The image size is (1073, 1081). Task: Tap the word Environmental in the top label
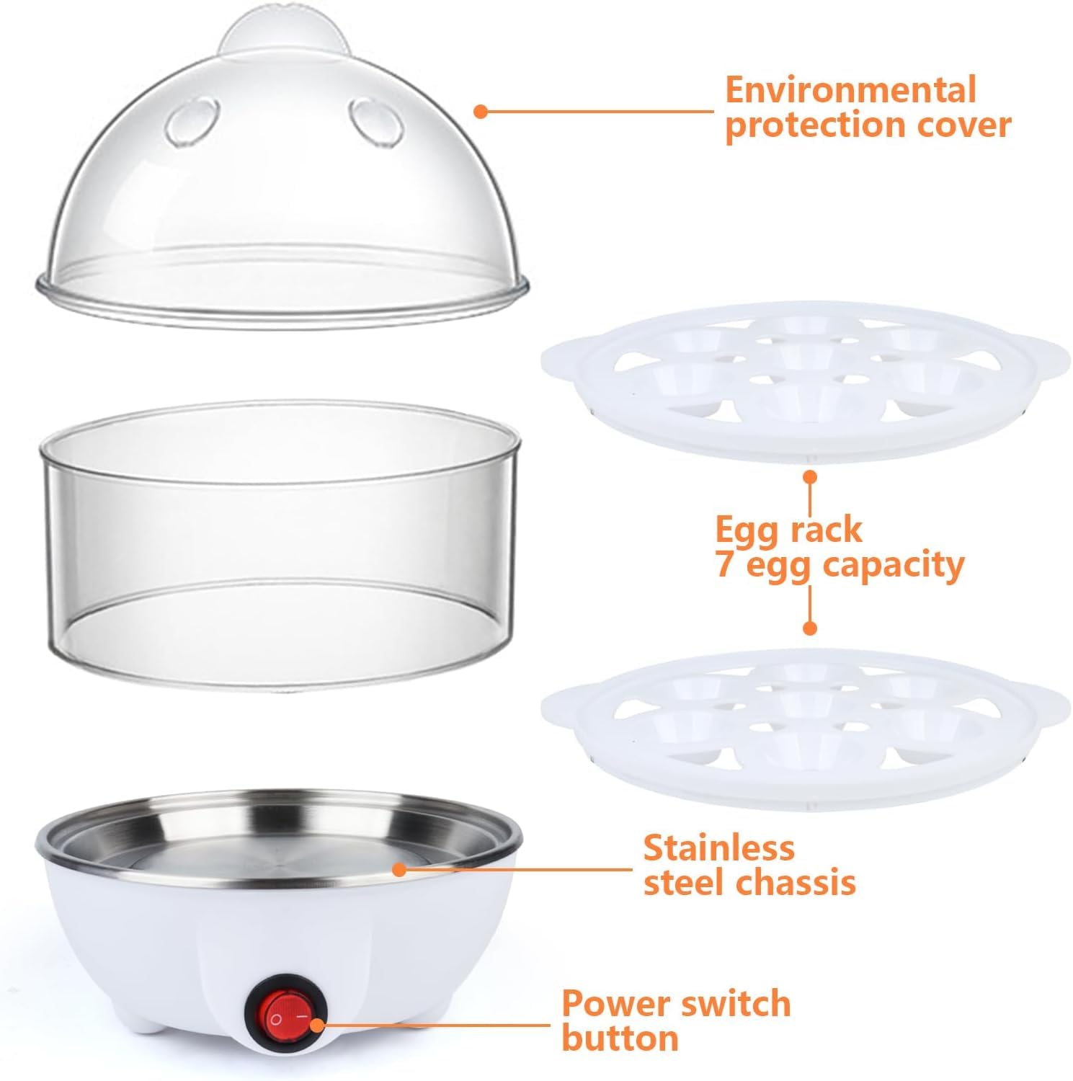point(850,90)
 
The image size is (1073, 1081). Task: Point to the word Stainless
point(718,848)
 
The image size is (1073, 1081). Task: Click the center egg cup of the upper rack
point(804,353)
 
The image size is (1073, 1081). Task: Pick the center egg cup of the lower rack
point(804,700)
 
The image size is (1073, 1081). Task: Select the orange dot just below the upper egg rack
point(810,476)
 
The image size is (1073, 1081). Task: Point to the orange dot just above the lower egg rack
point(810,628)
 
